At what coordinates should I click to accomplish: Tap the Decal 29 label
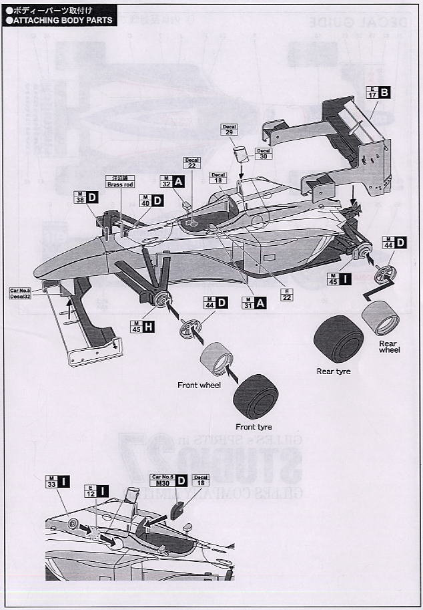229,130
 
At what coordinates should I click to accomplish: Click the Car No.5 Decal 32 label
25,295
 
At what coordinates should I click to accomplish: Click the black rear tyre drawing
339,339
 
